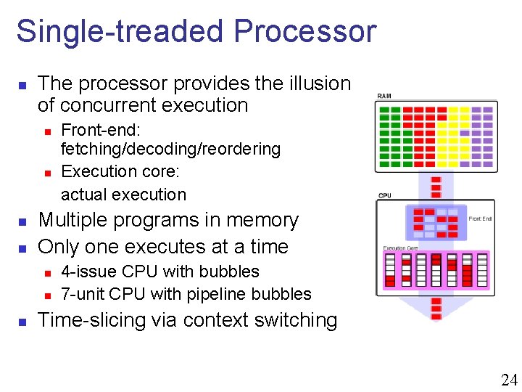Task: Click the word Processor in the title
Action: click(x=305, y=32)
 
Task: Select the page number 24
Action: click(x=509, y=379)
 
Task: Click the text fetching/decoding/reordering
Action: click(x=170, y=150)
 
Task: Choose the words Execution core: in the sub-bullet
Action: click(x=120, y=172)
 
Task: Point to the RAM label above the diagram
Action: click(x=386, y=97)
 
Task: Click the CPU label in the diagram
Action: click(x=384, y=195)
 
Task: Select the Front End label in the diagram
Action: click(x=480, y=218)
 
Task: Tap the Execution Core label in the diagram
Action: click(x=400, y=248)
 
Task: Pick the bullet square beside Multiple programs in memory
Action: click(x=22, y=221)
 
